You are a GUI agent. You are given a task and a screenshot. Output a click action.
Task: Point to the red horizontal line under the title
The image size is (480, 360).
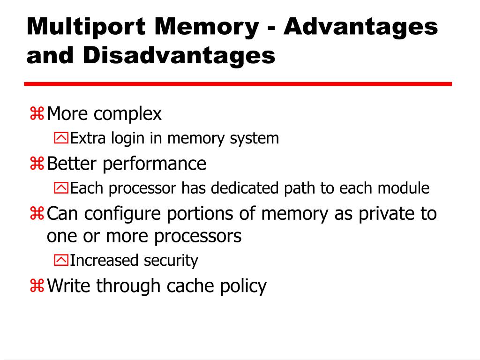point(238,84)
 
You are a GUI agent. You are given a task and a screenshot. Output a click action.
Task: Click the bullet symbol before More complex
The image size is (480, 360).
point(37,114)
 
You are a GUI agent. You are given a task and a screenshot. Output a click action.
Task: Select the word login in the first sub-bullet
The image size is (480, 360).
point(128,139)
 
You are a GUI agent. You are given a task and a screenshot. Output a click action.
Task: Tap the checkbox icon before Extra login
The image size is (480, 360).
point(61,139)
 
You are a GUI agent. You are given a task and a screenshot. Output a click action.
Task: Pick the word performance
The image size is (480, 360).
point(155,164)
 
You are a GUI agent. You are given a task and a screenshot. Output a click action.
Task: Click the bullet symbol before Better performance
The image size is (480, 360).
point(37,164)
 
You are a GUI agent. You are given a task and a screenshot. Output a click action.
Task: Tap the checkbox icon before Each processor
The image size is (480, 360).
point(61,189)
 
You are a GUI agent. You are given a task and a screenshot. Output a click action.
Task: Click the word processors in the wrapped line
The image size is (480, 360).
point(198,236)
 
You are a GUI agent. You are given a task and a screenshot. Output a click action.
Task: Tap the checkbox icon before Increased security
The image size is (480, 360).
point(61,261)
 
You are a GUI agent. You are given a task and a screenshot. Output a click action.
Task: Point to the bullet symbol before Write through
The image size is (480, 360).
point(37,286)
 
